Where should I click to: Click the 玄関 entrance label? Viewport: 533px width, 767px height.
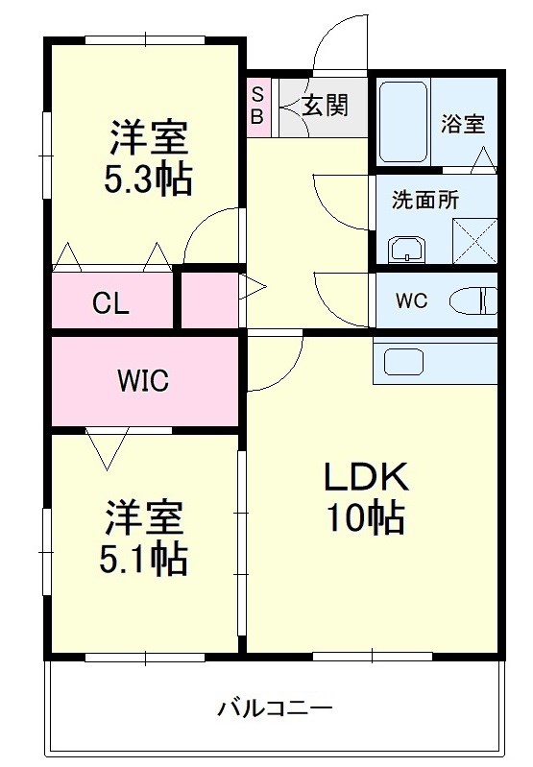click(x=325, y=106)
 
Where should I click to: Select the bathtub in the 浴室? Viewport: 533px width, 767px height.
click(x=402, y=122)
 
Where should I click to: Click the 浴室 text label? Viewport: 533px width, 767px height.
click(x=463, y=124)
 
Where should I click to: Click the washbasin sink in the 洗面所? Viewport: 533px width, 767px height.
click(x=408, y=249)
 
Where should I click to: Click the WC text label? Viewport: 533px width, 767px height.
click(x=412, y=300)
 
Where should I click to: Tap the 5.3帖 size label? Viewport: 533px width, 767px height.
click(x=147, y=179)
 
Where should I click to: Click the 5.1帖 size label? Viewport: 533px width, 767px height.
click(x=144, y=559)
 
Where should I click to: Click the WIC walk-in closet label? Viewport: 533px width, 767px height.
click(x=143, y=381)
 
